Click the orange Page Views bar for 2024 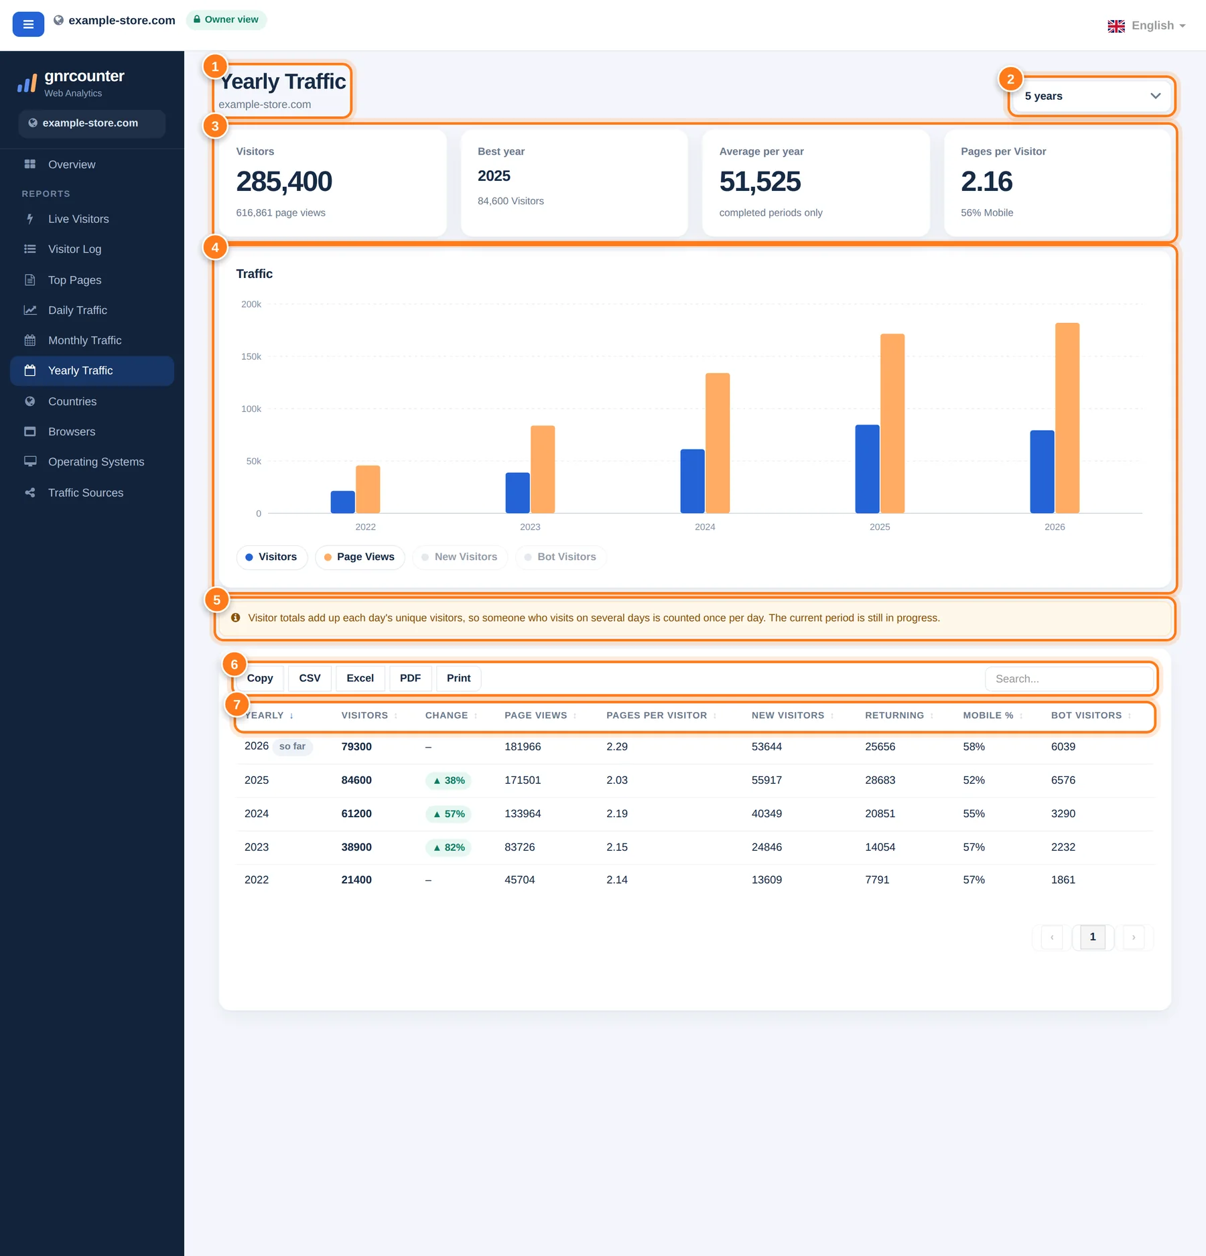click(718, 443)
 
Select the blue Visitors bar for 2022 click(343, 502)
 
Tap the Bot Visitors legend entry click(561, 557)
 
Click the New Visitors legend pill click(460, 557)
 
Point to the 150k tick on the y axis click(251, 356)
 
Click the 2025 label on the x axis click(880, 527)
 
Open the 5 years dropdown click(1091, 96)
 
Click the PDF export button click(410, 678)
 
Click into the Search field click(1069, 679)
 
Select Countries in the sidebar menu click(72, 401)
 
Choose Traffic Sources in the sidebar click(86, 492)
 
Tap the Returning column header click(894, 715)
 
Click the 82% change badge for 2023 click(448, 847)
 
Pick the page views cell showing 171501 click(523, 780)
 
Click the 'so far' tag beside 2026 click(293, 746)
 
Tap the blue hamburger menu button click(28, 24)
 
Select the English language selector click(1146, 25)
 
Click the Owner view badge click(226, 19)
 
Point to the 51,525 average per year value click(760, 182)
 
